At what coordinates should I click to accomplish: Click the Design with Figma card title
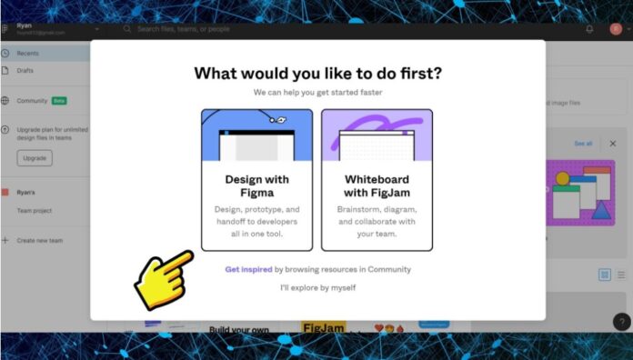click(x=256, y=185)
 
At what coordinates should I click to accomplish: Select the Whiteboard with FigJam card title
click(x=377, y=185)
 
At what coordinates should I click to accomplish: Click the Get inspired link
click(x=248, y=269)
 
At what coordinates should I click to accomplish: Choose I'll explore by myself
click(x=317, y=288)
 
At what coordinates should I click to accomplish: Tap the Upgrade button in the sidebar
click(x=35, y=158)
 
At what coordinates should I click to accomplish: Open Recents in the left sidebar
click(x=27, y=54)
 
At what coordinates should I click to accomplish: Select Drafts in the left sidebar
click(x=25, y=71)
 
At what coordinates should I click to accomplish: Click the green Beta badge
click(x=59, y=101)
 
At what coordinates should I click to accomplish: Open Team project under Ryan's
click(x=35, y=210)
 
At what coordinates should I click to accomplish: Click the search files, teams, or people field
click(x=200, y=29)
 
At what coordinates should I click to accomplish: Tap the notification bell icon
click(x=589, y=29)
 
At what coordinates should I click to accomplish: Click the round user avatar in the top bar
click(x=616, y=29)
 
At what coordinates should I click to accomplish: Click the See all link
click(x=583, y=144)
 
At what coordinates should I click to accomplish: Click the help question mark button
click(x=622, y=321)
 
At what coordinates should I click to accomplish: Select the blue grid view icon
click(x=605, y=275)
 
